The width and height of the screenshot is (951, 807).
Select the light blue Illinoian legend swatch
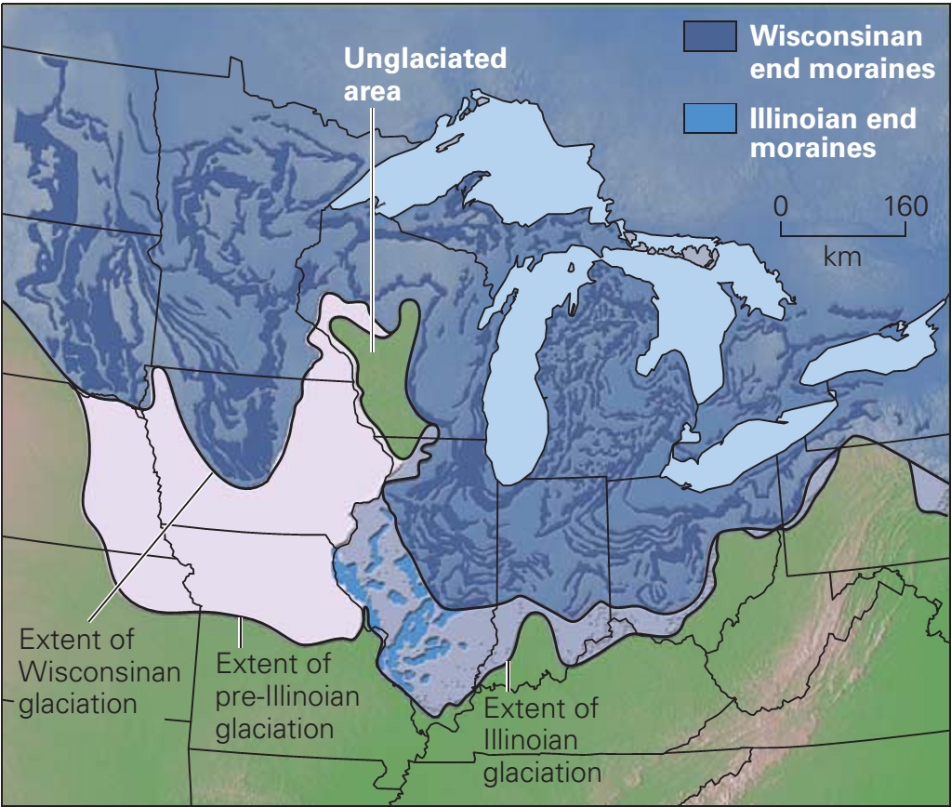pos(708,118)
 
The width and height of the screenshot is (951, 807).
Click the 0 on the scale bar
pos(782,205)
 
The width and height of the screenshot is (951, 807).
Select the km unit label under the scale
pos(842,255)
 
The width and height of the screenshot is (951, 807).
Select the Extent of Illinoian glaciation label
pos(542,740)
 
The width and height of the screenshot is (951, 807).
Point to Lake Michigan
pos(521,390)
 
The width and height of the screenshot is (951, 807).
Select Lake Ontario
pos(869,353)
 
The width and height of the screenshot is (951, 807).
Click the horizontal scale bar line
pos(842,232)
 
